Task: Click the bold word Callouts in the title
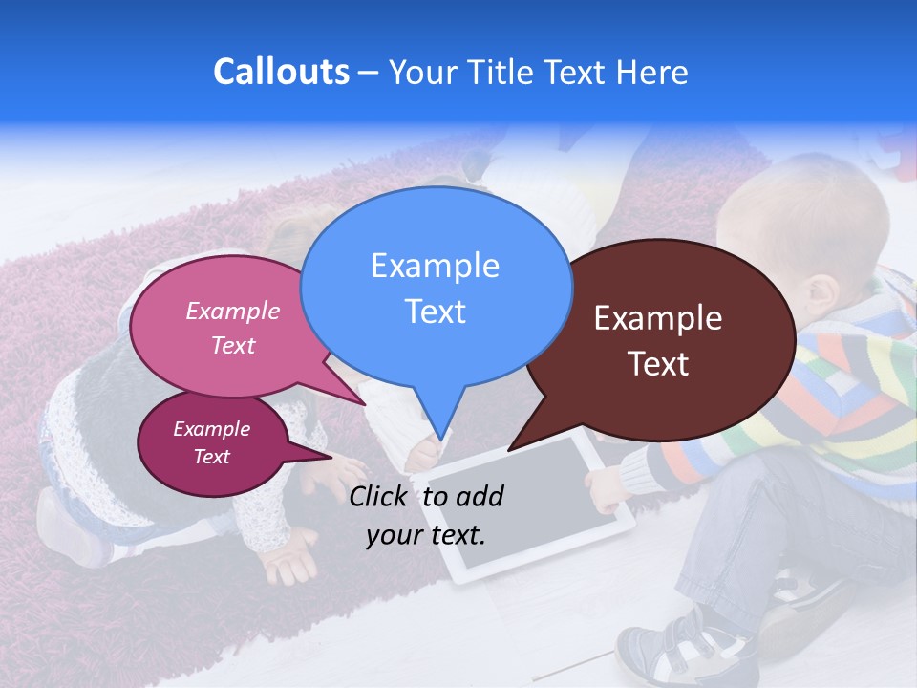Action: pyautogui.click(x=281, y=72)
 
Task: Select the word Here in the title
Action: pyautogui.click(x=652, y=72)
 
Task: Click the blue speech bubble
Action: pyautogui.click(x=435, y=287)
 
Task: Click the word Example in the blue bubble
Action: pyautogui.click(x=435, y=266)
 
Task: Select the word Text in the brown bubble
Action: pyautogui.click(x=658, y=364)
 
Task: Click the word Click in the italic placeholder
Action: pyautogui.click(x=379, y=496)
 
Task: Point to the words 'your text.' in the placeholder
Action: pyautogui.click(x=426, y=534)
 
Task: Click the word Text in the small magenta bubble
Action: pyautogui.click(x=211, y=457)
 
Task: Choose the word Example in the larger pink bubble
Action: pyautogui.click(x=232, y=311)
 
